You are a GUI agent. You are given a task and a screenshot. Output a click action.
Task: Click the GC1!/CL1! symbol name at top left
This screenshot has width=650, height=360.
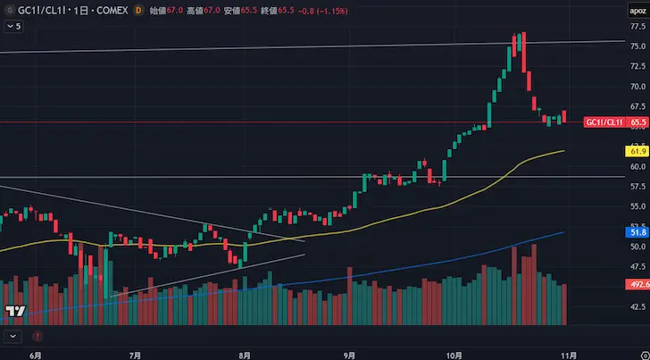(x=38, y=10)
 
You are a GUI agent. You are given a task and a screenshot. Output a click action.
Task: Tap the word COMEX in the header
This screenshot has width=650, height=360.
(x=105, y=10)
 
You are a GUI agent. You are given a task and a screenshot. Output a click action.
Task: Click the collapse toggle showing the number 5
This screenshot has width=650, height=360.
(x=13, y=27)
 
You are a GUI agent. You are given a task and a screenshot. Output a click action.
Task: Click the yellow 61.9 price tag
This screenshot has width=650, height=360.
(x=637, y=153)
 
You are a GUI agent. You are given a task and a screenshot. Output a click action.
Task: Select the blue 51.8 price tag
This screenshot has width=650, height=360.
(x=637, y=231)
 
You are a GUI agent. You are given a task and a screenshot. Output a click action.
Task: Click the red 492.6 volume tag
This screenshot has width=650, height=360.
(x=637, y=284)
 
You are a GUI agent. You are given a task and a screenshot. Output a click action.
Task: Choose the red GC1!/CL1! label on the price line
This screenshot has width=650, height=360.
(x=604, y=121)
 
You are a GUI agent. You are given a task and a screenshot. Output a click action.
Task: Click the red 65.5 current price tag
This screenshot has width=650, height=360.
(x=637, y=121)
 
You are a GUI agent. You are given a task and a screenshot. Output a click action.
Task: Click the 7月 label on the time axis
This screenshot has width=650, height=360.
(x=135, y=354)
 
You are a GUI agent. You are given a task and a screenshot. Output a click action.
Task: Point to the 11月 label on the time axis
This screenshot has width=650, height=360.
(x=569, y=354)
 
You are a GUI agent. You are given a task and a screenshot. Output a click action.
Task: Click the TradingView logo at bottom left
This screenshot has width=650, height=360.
(x=14, y=311)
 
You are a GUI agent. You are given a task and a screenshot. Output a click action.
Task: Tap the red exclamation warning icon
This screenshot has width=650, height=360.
(x=37, y=336)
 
